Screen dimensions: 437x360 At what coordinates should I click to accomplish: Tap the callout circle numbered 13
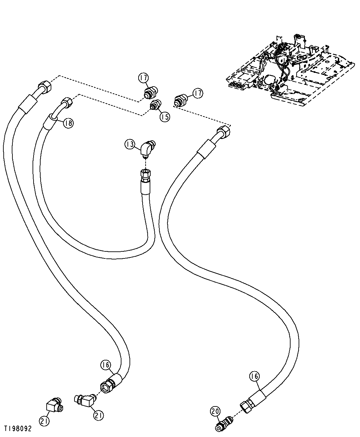130,145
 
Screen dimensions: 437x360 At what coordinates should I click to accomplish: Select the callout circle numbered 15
165,116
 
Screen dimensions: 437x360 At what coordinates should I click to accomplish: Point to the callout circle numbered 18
68,123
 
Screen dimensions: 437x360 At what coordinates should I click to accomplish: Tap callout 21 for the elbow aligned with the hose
98,416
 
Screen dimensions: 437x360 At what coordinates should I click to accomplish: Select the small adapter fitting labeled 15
155,104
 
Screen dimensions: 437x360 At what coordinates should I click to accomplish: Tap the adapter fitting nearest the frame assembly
181,100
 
